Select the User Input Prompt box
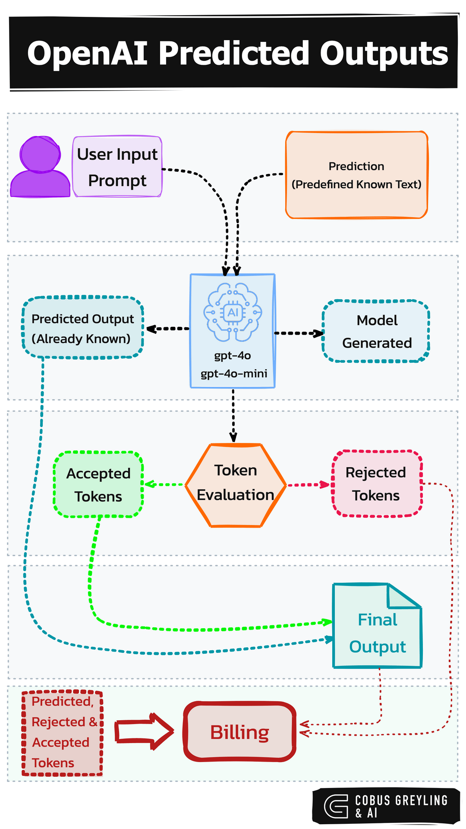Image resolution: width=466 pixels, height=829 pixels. click(x=117, y=167)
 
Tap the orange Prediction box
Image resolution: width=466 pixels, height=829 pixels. click(x=356, y=175)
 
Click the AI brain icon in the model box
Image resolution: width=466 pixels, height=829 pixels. click(x=233, y=312)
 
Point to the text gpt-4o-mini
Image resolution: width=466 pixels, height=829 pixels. click(x=233, y=373)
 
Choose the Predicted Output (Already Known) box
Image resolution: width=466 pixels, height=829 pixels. click(x=82, y=328)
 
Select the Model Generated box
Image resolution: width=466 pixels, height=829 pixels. click(x=376, y=331)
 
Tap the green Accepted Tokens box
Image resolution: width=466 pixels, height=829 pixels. click(x=98, y=484)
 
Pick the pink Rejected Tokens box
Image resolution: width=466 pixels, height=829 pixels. click(x=376, y=484)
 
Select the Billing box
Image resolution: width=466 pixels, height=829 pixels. click(x=240, y=732)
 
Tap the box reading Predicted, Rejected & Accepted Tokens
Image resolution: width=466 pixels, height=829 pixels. click(x=62, y=733)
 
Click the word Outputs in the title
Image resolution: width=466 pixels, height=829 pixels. click(x=384, y=54)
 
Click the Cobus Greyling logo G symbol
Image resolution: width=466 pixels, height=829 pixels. click(x=336, y=806)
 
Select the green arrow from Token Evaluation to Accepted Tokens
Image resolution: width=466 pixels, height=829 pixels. click(x=164, y=484)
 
